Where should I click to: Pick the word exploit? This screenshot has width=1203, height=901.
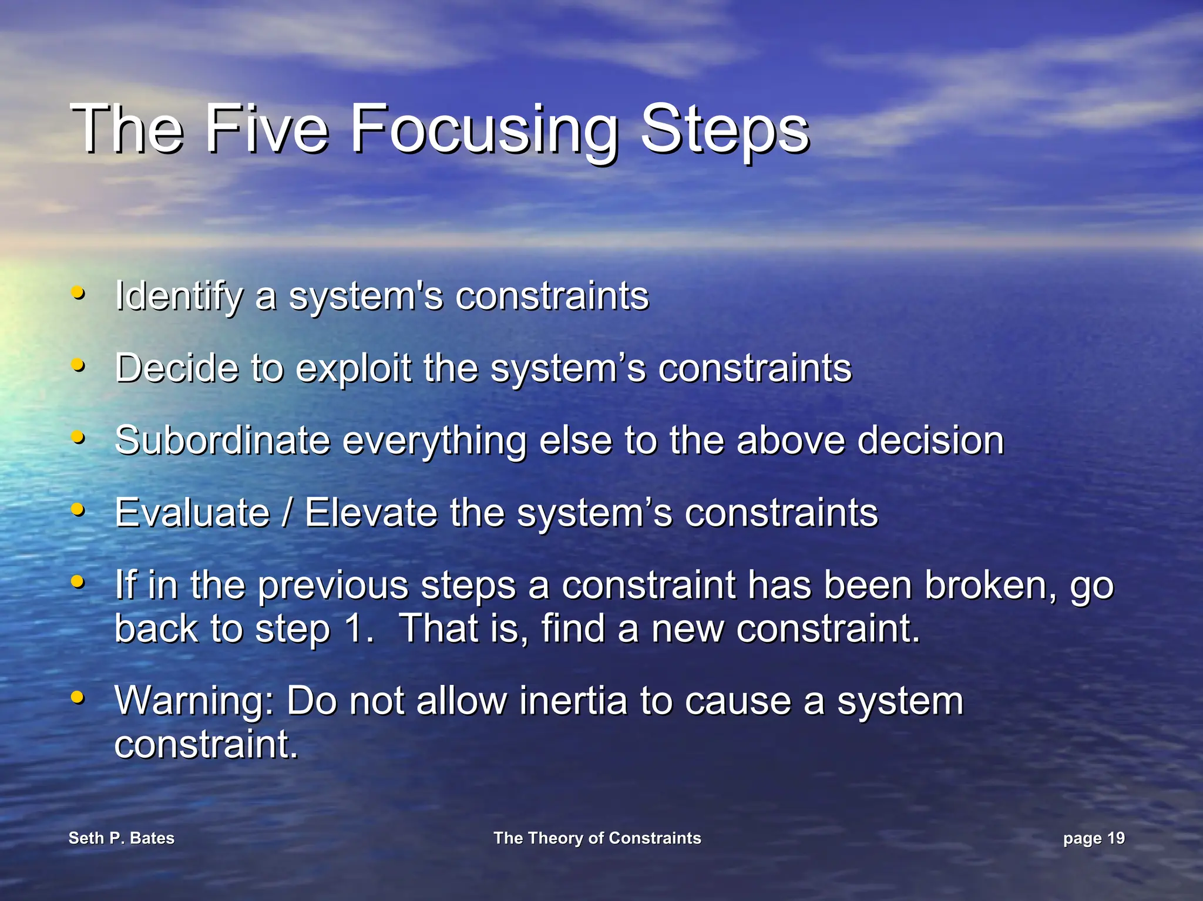[352, 369]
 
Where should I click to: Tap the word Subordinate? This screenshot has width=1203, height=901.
[222, 441]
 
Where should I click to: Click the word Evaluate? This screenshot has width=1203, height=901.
[191, 513]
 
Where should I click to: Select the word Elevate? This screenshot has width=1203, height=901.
[371, 513]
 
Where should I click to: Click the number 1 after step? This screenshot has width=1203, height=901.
[355, 628]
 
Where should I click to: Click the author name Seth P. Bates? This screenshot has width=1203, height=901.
[122, 838]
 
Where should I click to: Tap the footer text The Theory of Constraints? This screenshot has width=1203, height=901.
[597, 838]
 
